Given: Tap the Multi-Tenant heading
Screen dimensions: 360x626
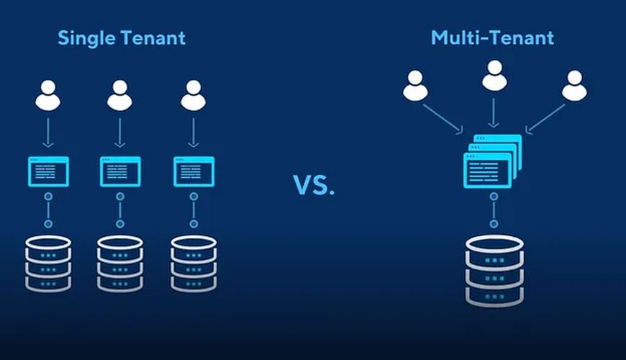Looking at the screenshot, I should (492, 37).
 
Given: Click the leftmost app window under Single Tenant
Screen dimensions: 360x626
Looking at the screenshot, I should (48, 171).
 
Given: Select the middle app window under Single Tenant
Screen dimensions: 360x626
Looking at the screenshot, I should (119, 171).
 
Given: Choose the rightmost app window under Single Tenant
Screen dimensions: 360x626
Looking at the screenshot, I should (192, 171).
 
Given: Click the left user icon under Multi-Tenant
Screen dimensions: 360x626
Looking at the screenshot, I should (415, 86).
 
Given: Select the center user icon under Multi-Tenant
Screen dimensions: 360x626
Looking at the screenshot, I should (494, 76).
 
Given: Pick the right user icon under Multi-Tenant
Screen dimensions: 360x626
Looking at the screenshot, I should (573, 86).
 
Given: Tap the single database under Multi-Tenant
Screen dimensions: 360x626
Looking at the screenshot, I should (493, 269).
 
